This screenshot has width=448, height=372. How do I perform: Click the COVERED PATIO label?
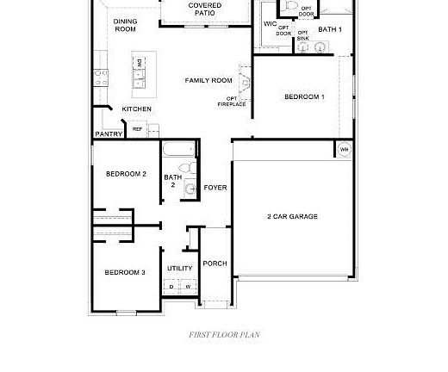[x=204, y=9]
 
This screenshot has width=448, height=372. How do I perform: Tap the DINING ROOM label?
[x=125, y=25]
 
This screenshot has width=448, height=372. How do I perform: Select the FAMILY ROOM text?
[x=208, y=80]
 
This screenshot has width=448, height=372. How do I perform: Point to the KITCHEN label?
[x=136, y=109]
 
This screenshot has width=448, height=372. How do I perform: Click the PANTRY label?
[x=109, y=134]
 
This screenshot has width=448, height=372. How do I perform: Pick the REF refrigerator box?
[x=137, y=129]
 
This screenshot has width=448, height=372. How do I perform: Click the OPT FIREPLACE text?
[x=236, y=102]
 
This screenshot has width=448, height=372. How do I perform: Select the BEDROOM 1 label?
[x=304, y=96]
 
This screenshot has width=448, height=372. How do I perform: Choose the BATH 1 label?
[x=330, y=30]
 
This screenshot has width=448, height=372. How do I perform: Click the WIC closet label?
[x=270, y=24]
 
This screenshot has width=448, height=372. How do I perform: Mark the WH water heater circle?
[x=344, y=149]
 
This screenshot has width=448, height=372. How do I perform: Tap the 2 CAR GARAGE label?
[x=292, y=216]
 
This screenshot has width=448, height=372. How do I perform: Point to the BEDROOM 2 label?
[x=126, y=174]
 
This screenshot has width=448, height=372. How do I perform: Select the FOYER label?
[x=215, y=187]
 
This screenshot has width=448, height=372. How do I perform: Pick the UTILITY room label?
[x=180, y=269]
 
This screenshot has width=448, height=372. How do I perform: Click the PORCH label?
[x=215, y=263]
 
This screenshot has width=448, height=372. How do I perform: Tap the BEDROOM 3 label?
[x=125, y=272]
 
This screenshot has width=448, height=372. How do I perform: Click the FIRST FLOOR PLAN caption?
[x=224, y=335]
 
